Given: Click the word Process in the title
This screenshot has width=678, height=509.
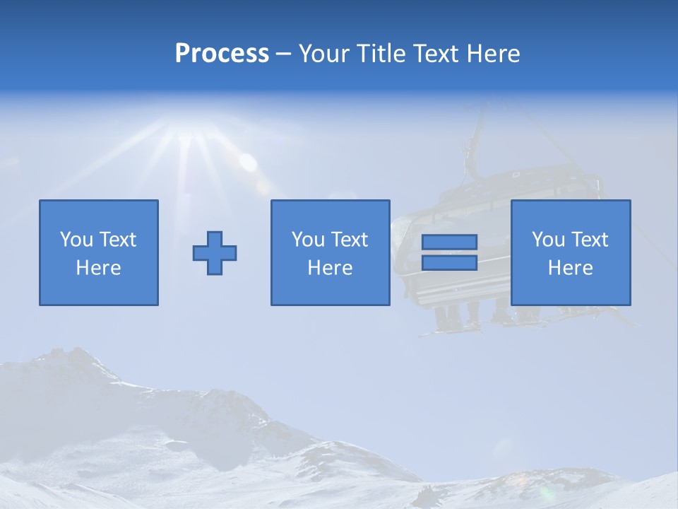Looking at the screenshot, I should (222, 54).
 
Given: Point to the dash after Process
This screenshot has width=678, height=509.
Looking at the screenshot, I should (284, 54).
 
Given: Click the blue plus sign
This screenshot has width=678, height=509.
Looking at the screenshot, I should (215, 253).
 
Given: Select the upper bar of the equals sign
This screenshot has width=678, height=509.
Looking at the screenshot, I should (449, 242).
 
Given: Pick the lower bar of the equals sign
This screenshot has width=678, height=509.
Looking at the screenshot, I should (449, 262).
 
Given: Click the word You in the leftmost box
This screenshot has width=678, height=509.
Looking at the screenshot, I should (76, 240).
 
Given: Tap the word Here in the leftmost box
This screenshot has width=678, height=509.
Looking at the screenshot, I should (98, 268).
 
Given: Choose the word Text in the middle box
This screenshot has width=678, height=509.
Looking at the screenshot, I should (350, 240).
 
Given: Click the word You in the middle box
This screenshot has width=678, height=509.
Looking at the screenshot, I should (308, 240).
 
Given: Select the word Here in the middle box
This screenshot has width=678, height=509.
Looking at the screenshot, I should (330, 268).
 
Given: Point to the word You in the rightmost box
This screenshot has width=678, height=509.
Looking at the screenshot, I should (548, 240).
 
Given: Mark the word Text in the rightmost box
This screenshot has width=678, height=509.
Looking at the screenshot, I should (590, 240).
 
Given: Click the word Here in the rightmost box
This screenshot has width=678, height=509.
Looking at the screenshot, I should (570, 268).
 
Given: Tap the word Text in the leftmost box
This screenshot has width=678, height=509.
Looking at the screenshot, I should (118, 240).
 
